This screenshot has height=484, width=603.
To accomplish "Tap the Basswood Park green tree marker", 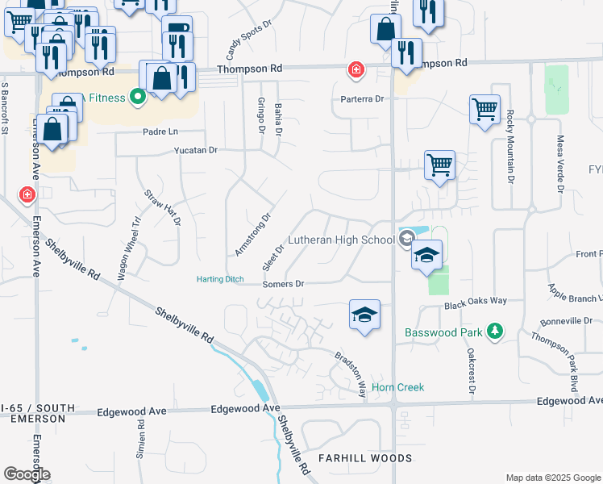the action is (495, 331).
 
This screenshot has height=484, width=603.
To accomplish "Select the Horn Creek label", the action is (397, 387).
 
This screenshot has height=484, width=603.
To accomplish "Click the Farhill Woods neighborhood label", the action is (365, 458).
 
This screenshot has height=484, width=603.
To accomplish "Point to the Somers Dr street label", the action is (283, 284).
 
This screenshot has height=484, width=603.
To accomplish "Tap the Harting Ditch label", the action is (220, 280).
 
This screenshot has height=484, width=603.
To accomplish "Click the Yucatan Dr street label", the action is (196, 150).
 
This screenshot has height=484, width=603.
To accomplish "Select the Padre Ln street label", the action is (160, 131).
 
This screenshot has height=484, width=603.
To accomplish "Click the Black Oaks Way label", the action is (476, 300).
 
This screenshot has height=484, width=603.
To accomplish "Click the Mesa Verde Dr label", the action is (559, 164).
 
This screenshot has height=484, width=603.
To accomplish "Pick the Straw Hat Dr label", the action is (162, 207).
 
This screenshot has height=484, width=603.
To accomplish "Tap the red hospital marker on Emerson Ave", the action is (27, 195).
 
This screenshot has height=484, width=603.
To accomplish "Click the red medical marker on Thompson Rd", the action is (354, 70).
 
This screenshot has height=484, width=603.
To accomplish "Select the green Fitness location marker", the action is (137, 98).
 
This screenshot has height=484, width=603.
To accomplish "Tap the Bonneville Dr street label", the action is (570, 320).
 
